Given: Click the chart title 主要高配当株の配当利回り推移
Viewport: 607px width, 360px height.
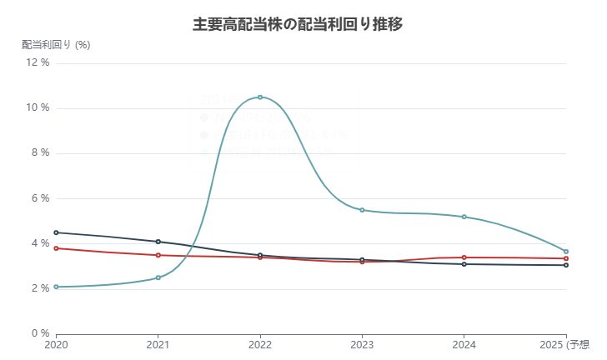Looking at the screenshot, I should coord(298,24).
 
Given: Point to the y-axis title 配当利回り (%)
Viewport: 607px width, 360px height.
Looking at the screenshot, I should coord(56,45).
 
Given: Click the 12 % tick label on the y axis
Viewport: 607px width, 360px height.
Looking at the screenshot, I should coord(38,63).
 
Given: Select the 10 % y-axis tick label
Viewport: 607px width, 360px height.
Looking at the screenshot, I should coord(38,108).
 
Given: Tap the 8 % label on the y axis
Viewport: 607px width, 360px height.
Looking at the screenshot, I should coord(41,153).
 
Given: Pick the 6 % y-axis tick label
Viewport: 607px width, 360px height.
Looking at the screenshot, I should coord(41,198).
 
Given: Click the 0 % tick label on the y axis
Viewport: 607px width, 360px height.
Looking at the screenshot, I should coord(41,334).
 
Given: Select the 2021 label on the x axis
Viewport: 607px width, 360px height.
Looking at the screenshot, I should coord(158,344).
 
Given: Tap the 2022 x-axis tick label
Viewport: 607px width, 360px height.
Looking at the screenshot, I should coord(260,344).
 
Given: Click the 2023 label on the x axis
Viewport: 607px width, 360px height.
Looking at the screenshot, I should coord(362,344).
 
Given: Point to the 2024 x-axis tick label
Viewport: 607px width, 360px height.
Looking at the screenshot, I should coord(464,344).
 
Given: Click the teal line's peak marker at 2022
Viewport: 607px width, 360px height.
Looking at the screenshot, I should coord(260,97).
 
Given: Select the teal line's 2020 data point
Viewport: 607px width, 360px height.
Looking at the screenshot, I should coord(56,287).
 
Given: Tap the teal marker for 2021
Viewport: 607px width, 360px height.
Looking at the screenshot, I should coord(158,277).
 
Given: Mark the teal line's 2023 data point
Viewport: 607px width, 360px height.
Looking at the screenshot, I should coord(362,210).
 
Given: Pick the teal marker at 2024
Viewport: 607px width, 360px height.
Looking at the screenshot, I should coord(464,217).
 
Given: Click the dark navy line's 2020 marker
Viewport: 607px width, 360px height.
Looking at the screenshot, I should coord(56,232).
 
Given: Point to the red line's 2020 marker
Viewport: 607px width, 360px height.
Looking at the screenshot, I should coord(56,248).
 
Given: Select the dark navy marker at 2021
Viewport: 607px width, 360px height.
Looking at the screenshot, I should coord(158,242).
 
